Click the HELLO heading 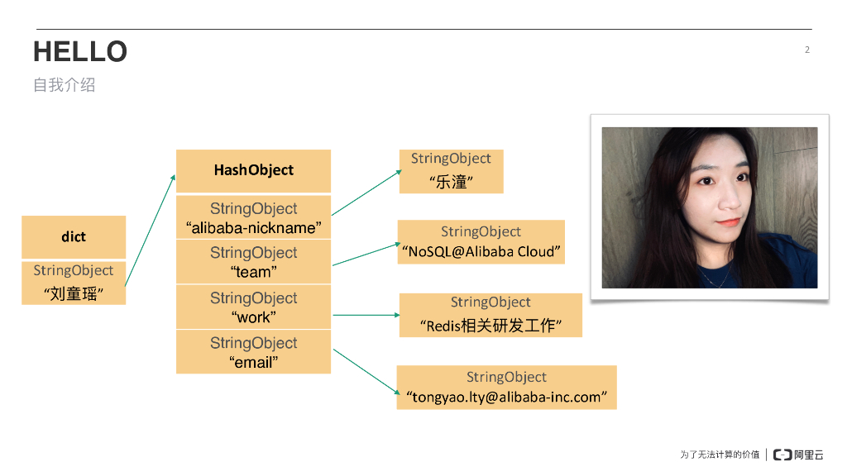coord(80,51)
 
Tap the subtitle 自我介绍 coord(64,85)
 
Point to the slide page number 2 coord(807,50)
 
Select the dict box coord(74,237)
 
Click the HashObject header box coord(253,170)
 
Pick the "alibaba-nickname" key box coord(253,218)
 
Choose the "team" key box coord(253,262)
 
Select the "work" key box coord(253,307)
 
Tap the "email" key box coord(253,352)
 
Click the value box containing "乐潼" coord(451,172)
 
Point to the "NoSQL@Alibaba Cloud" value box coord(481,242)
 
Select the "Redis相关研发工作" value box coord(490,315)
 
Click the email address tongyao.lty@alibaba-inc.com coord(506,397)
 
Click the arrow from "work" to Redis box coord(366,315)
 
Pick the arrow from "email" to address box coord(365,371)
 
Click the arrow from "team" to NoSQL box coord(364,255)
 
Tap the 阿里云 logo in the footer coord(798,455)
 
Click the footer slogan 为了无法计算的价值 coord(720,455)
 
